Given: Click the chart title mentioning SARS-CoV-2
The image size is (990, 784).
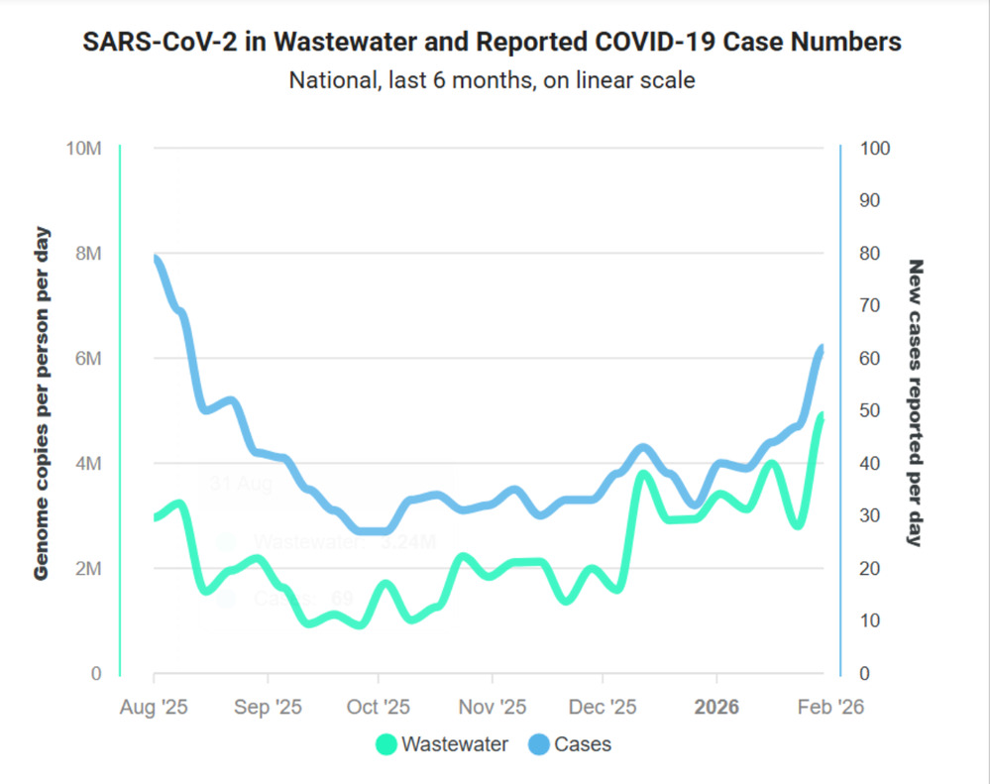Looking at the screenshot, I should coord(493,43).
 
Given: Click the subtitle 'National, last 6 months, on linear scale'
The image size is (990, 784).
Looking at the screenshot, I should coord(493,80).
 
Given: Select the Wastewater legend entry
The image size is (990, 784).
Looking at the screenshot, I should coord(442,744).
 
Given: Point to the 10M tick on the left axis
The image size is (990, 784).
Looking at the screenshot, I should coord(83,149).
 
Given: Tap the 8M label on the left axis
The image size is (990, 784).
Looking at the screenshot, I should coord(88,254).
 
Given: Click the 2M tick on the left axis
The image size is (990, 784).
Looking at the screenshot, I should coord(88,569).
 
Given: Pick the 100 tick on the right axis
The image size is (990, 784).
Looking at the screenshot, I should coord(876,149).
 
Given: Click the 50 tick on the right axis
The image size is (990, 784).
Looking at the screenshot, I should coord(872,411).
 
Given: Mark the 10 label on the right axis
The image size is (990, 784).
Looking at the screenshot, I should coord(872,621).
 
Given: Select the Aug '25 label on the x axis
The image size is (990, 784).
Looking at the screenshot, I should coord(155,709).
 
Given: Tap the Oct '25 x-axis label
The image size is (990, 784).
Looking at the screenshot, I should coord(379,709).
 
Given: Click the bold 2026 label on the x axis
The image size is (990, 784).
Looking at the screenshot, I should coord(716,709).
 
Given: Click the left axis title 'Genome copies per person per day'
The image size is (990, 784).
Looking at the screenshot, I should coord(42,403).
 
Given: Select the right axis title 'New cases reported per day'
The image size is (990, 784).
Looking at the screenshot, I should coord(916,403).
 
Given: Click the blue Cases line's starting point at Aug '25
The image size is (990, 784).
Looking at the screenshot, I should coord(156,259).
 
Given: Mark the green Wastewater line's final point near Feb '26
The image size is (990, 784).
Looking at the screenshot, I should coord(822,416).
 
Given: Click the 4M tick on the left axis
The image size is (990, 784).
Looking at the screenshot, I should coord(88,464).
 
